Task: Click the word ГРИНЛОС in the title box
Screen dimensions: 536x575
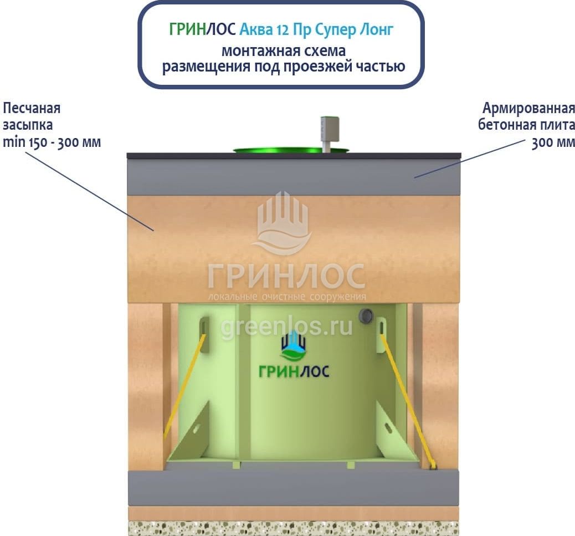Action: [203, 29]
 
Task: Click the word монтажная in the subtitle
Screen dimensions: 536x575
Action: [253, 51]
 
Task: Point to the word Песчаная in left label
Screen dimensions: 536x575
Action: [32, 108]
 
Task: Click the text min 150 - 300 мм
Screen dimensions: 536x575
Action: [52, 142]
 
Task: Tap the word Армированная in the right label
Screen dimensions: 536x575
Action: [528, 108]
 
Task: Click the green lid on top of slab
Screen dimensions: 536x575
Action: [277, 150]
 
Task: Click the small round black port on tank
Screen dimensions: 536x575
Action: [366, 317]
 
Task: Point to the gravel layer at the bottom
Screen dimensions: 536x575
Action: [294, 528]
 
